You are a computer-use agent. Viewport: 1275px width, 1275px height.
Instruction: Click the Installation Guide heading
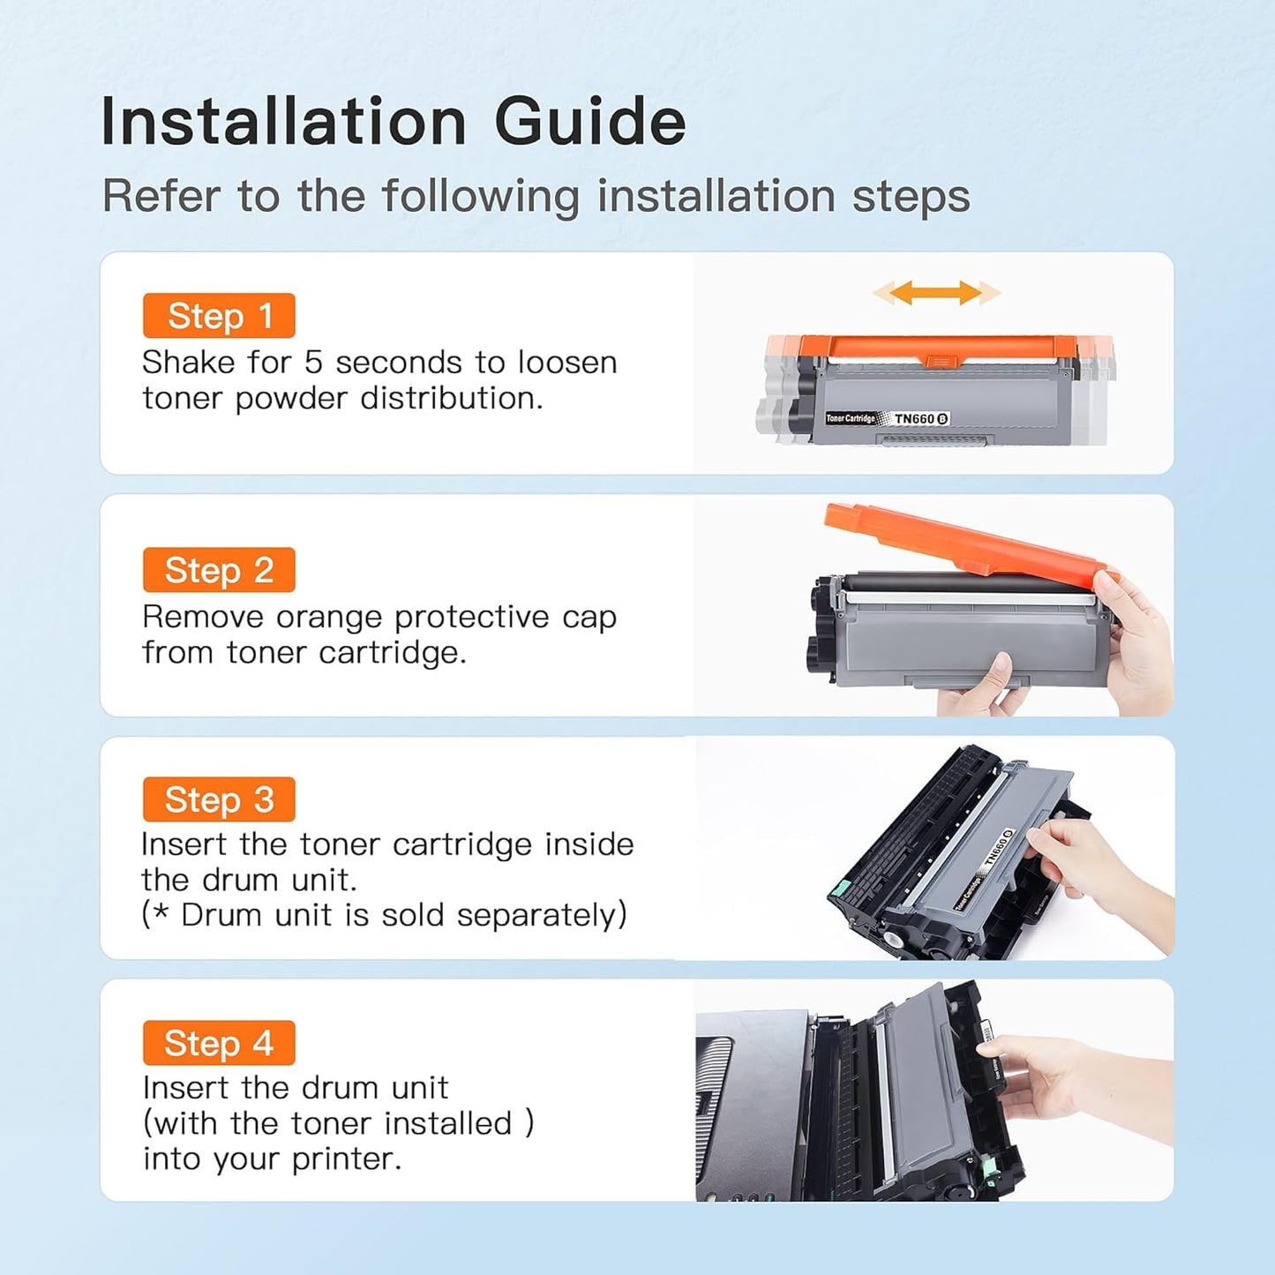click(x=393, y=122)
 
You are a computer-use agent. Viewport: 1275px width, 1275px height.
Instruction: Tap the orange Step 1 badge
click(x=219, y=316)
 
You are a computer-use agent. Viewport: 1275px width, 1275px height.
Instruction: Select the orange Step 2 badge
click(x=219, y=570)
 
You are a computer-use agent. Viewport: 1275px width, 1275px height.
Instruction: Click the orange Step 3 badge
click(x=219, y=799)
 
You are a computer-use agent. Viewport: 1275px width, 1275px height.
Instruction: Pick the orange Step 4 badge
click(x=219, y=1043)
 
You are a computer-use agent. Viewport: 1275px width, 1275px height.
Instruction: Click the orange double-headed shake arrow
click(x=936, y=293)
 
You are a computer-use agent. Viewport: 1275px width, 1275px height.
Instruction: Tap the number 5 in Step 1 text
click(x=314, y=363)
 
